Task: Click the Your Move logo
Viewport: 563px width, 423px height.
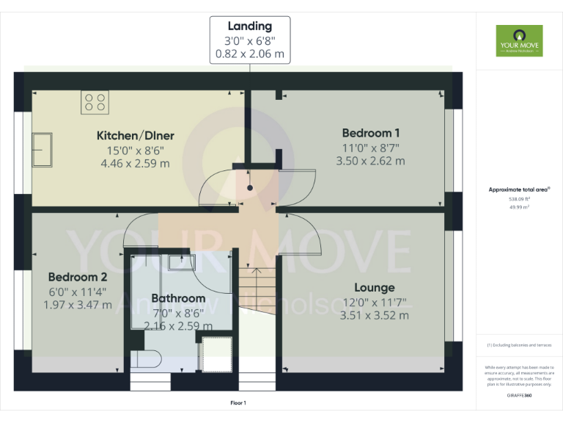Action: pyautogui.click(x=519, y=40)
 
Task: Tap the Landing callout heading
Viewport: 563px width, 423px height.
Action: pyautogui.click(x=249, y=26)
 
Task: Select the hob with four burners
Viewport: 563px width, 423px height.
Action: pyautogui.click(x=95, y=102)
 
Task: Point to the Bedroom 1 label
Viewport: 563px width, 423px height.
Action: pyautogui.click(x=371, y=133)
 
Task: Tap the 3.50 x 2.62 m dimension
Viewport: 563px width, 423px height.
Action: pyautogui.click(x=371, y=161)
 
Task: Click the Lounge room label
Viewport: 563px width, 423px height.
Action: pyautogui.click(x=375, y=288)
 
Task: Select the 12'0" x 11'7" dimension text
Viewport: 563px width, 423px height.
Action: pyautogui.click(x=375, y=302)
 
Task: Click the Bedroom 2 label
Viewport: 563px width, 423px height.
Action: pyautogui.click(x=78, y=278)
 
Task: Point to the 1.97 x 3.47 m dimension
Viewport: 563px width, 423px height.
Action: pyautogui.click(x=78, y=305)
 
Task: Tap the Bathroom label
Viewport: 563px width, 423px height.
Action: pyautogui.click(x=177, y=298)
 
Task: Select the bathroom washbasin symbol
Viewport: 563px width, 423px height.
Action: pyautogui.click(x=182, y=261)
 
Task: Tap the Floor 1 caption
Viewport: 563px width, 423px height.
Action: pyautogui.click(x=238, y=403)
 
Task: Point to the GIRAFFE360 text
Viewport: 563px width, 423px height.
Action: pyautogui.click(x=519, y=396)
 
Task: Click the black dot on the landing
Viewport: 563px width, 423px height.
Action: pyautogui.click(x=250, y=187)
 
